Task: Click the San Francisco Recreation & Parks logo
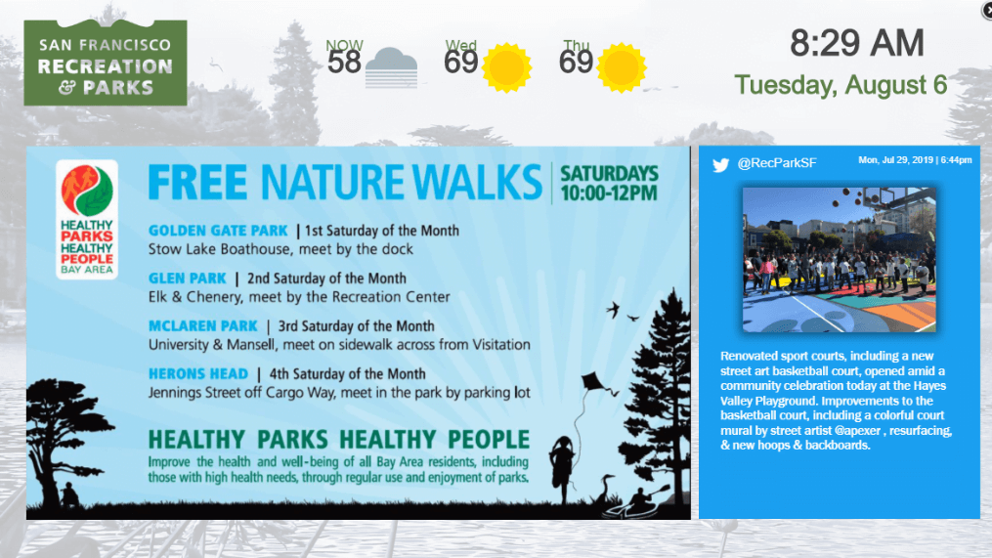(x=106, y=63)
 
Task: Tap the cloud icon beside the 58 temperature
(x=392, y=67)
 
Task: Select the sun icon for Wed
(x=507, y=67)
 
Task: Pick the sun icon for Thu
(x=622, y=67)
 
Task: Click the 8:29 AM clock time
(x=856, y=43)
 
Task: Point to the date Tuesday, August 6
(x=841, y=85)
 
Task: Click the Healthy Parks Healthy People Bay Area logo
(x=87, y=220)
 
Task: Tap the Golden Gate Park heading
(x=218, y=231)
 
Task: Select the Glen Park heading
(x=188, y=279)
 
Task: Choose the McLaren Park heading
(x=203, y=325)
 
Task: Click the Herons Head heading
(x=198, y=374)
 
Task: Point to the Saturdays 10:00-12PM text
(x=609, y=183)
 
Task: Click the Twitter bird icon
(x=720, y=164)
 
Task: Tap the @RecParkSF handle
(x=777, y=163)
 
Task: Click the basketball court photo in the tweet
(x=840, y=259)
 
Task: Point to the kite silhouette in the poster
(x=593, y=382)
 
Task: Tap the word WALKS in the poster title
(x=478, y=182)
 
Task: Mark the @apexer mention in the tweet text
(x=857, y=431)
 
